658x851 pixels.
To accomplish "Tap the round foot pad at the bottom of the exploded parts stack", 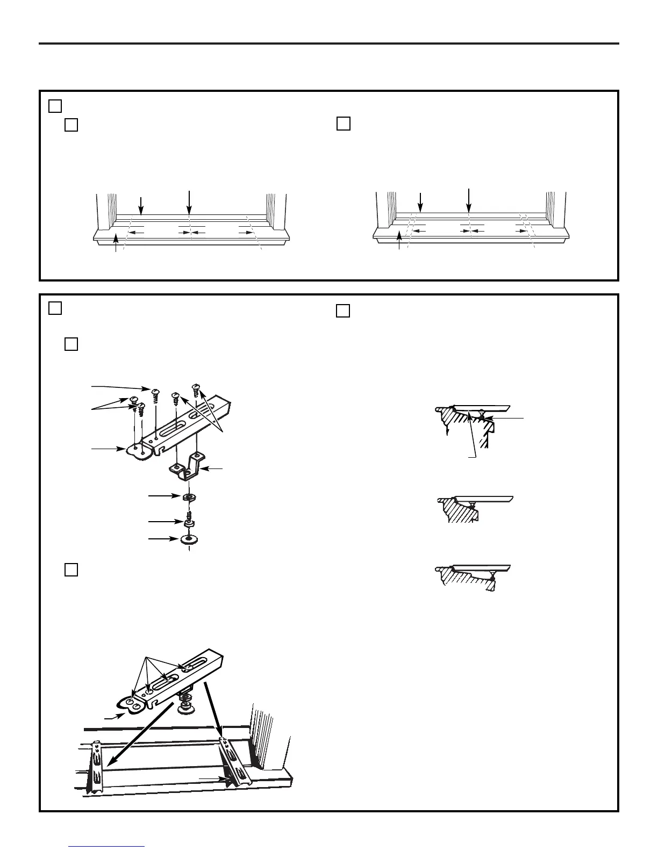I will click(x=189, y=539).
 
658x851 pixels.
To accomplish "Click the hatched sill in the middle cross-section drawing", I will click(x=460, y=510).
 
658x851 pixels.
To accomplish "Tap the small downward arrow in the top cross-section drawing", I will click(x=447, y=432).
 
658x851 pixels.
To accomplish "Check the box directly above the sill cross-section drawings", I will click(x=343, y=311).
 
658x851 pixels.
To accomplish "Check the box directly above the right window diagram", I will click(x=344, y=124).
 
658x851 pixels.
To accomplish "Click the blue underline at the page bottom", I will click(x=107, y=847).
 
